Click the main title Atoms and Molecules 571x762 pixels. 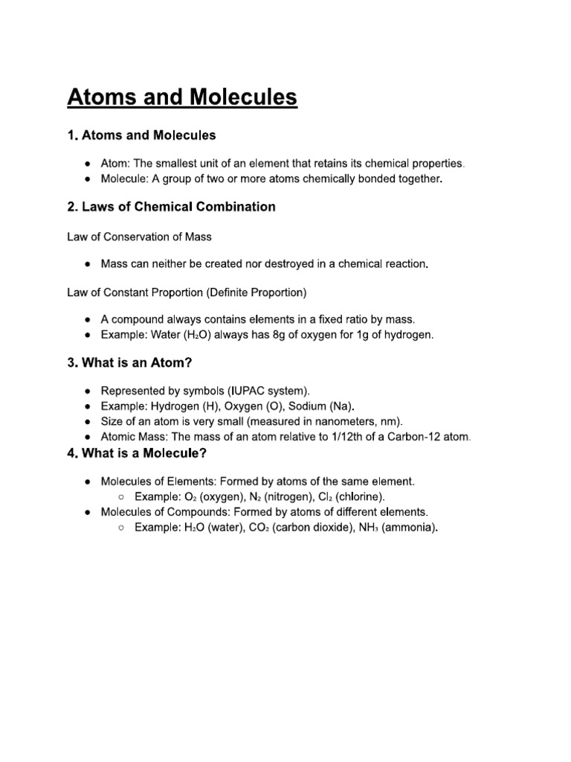[182, 97]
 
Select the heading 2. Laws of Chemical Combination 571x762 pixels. [171, 207]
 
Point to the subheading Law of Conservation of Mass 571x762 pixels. [139, 237]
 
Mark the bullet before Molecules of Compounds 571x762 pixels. [88, 513]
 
